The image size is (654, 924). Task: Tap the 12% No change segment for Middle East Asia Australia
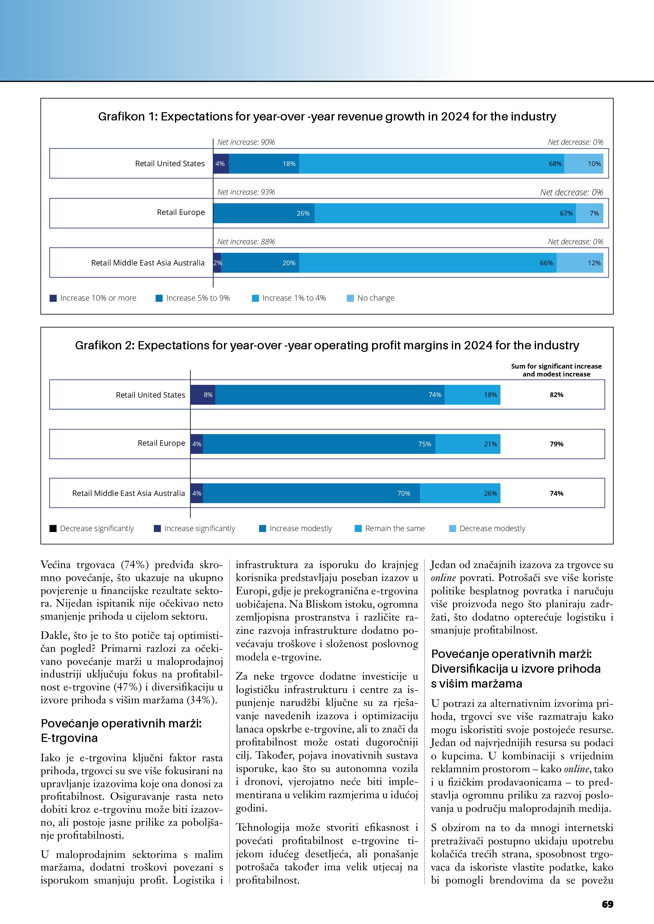point(580,263)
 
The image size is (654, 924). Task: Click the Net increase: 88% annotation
point(246,242)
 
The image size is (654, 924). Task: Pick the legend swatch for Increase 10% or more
point(53,298)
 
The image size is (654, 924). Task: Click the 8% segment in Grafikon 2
point(203,395)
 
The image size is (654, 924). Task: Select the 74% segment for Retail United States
point(329,395)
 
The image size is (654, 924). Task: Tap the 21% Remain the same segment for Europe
point(468,444)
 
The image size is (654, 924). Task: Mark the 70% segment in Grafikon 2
point(311,493)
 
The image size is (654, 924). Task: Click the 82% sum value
point(557,395)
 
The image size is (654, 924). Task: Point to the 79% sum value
point(557,444)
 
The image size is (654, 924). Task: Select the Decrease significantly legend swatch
point(53,529)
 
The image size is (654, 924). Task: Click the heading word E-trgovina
point(69,738)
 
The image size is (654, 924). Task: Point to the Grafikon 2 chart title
point(327,345)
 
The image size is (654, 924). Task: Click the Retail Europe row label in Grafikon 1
point(181,212)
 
